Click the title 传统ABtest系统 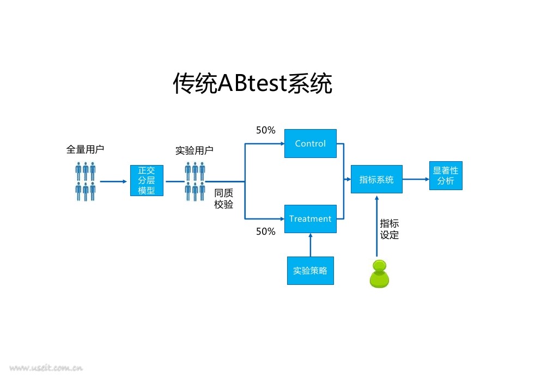pos(252,83)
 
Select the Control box pos(311,143)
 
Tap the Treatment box pos(311,218)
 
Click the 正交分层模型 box pos(147,180)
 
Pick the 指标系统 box pos(376,179)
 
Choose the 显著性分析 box pos(446,176)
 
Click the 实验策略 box pos(311,271)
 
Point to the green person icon pos(379,274)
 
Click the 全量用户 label pos(85,149)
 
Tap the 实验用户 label pos(194,150)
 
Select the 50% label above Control pos(266,130)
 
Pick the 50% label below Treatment pos(266,231)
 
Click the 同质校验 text pos(224,199)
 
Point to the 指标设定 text pos(390,229)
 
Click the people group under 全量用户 pos(86,181)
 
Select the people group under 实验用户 pos(195,181)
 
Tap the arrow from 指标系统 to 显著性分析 pos(416,179)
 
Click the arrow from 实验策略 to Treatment pos(311,245)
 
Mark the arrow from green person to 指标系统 pos(376,226)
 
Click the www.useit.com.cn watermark pos(46,368)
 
